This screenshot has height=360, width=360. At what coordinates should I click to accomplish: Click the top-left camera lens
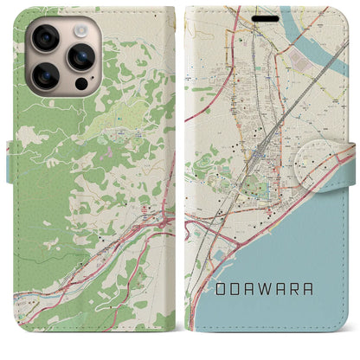(x=45, y=39)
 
